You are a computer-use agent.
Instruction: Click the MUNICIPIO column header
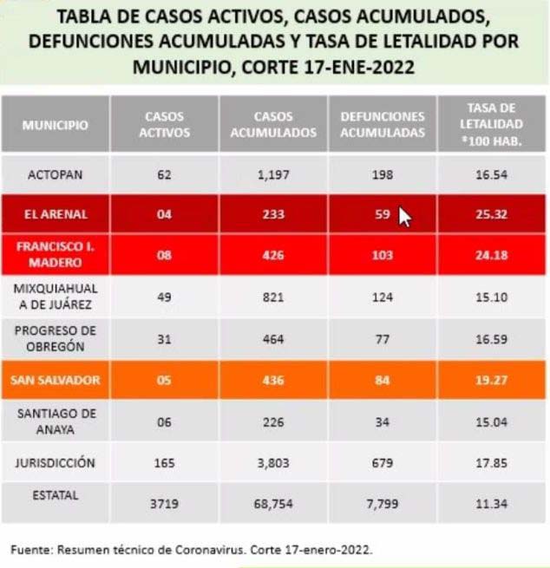click(56, 125)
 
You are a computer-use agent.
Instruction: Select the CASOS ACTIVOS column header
click(165, 125)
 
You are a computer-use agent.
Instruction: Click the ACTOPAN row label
click(56, 175)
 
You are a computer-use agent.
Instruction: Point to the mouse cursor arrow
click(403, 217)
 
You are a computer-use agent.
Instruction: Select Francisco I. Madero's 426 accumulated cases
click(273, 256)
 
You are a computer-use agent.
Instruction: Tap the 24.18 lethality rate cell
click(492, 256)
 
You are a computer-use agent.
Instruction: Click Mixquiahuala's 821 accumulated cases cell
click(273, 296)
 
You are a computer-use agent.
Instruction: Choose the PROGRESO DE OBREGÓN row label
click(56, 338)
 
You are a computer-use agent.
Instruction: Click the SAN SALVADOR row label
click(56, 380)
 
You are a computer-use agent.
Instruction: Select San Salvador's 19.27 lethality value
click(492, 380)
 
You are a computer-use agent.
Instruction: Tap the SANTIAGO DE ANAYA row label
click(56, 421)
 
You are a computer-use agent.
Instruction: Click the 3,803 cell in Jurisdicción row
click(273, 464)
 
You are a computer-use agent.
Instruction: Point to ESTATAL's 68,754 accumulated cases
click(273, 504)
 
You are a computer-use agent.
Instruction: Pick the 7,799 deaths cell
click(383, 504)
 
